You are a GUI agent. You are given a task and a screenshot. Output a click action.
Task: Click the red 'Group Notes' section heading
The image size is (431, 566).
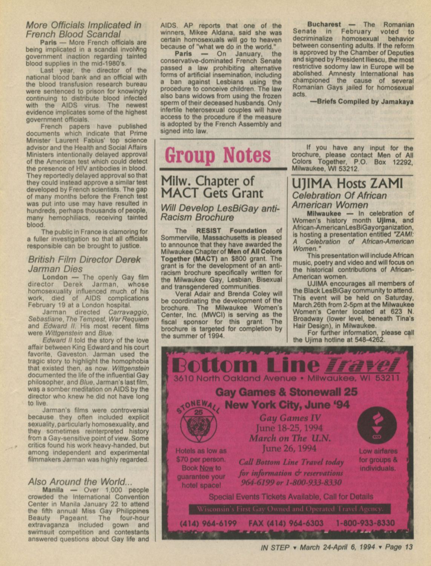point(218,155)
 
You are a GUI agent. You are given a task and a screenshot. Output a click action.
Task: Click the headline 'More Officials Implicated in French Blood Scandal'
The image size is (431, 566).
point(83,30)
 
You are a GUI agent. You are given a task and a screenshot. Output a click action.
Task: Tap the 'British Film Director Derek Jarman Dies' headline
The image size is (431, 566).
point(84,264)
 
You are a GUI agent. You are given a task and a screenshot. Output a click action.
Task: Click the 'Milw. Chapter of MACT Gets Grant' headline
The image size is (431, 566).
point(212,187)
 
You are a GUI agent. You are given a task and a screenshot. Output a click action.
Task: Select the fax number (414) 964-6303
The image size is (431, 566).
point(286,523)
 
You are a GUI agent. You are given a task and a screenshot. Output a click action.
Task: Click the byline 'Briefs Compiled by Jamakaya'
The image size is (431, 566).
point(361,102)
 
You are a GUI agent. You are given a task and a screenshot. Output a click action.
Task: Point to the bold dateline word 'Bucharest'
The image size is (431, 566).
point(324,24)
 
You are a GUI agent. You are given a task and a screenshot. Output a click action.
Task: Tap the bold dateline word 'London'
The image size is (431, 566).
point(55,277)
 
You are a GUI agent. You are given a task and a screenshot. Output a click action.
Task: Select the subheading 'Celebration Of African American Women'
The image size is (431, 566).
point(339,200)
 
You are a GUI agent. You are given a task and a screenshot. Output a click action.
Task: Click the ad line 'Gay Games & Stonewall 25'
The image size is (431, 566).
point(286,392)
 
